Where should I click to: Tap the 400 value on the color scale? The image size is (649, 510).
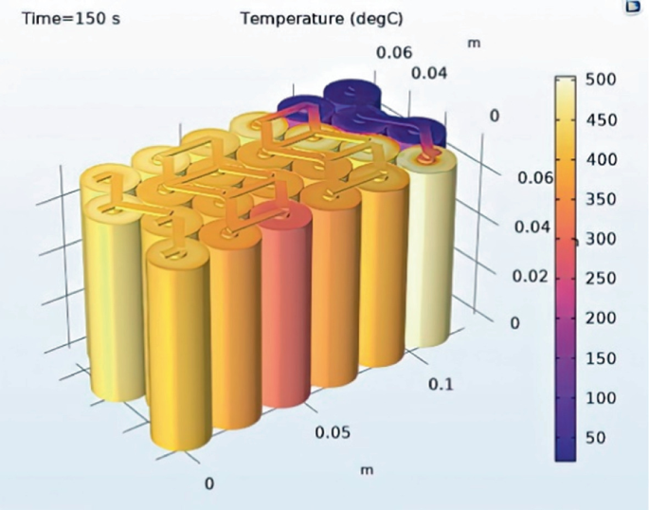pyautogui.click(x=604, y=159)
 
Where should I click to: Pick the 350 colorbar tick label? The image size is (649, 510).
pyautogui.click(x=604, y=199)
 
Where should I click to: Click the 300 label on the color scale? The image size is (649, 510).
pyautogui.click(x=604, y=239)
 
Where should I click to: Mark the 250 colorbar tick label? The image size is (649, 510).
pyautogui.click(x=604, y=279)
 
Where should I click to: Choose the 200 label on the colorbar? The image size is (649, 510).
pyautogui.click(x=604, y=319)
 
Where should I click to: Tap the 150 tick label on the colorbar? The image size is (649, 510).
pyautogui.click(x=604, y=358)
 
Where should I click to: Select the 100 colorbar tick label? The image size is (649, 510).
pyautogui.click(x=604, y=398)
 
